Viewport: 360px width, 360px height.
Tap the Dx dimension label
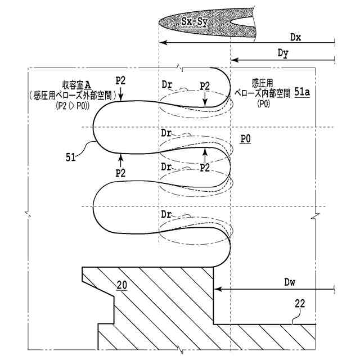tap(296, 37)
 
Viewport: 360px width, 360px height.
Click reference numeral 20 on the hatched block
tap(121, 285)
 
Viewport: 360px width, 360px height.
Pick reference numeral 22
tap(300, 304)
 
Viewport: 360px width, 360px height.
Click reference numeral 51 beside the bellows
tap(70, 157)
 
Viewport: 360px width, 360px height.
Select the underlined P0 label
tap(245, 138)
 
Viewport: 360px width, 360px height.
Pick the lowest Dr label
tap(166, 214)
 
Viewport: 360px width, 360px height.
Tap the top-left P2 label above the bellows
tap(120, 79)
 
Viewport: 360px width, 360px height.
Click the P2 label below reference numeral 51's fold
tap(120, 172)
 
